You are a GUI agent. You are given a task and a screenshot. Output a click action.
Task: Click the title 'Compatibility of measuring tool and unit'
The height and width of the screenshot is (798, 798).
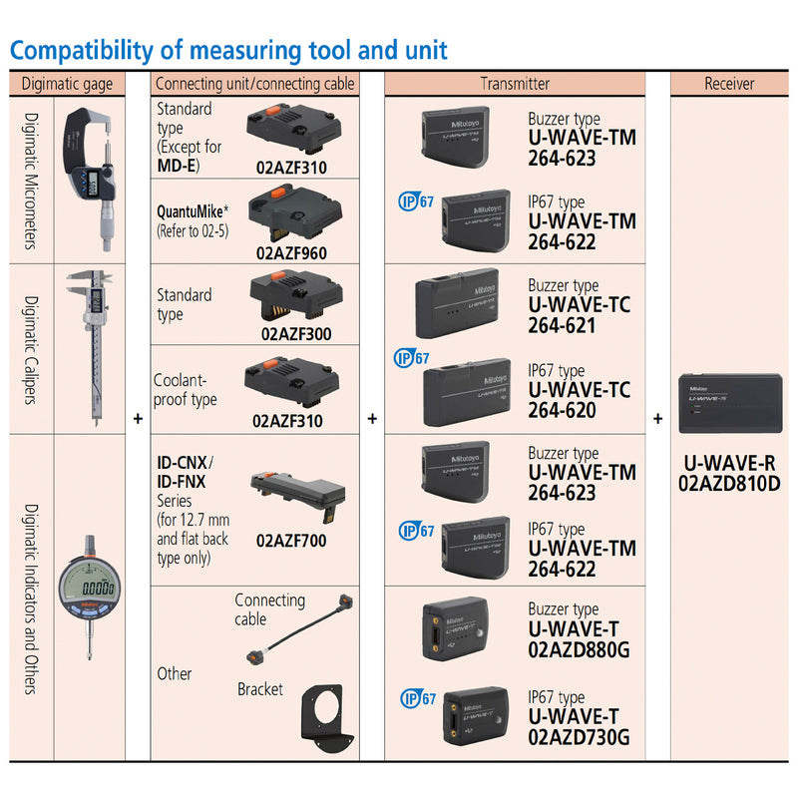[x=228, y=50]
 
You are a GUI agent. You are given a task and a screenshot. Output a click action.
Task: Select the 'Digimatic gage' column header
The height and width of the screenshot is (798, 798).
[x=68, y=84]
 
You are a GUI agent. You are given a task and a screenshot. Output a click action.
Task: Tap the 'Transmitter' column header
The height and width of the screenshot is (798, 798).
[x=514, y=84]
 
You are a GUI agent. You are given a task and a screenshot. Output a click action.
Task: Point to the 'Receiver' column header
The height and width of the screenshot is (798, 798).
[x=728, y=84]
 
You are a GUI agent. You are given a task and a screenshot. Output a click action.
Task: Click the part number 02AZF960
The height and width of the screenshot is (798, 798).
[x=290, y=253]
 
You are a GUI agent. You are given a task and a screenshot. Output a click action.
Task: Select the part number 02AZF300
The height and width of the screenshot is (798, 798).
[x=296, y=334]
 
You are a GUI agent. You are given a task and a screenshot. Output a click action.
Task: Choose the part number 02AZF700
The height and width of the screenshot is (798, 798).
[x=291, y=541]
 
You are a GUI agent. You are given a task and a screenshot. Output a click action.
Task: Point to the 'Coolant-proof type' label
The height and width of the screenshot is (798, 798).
[x=185, y=390]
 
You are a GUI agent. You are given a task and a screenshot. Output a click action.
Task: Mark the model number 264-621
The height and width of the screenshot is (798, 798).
[x=562, y=325]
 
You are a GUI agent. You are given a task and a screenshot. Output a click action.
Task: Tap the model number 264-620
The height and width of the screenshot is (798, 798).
[x=562, y=410]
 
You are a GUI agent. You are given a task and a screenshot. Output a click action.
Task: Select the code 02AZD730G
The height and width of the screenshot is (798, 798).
[x=579, y=737]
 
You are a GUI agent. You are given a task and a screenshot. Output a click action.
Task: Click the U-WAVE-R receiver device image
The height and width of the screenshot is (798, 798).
[x=729, y=403]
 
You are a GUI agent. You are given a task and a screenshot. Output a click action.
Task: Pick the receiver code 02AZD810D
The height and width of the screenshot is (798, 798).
[x=729, y=484]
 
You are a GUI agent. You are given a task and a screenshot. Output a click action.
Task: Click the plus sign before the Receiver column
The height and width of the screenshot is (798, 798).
[x=658, y=419]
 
